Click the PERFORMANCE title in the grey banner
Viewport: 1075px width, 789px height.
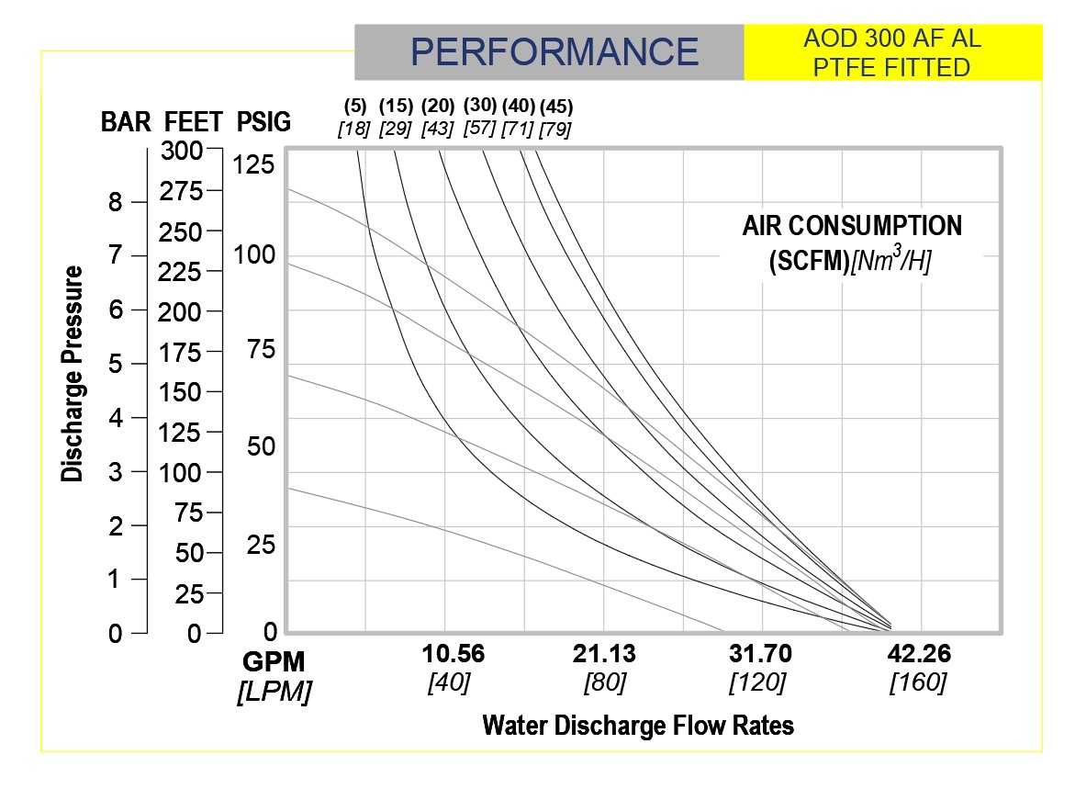click(x=554, y=51)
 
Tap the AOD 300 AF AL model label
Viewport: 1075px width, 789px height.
click(x=892, y=39)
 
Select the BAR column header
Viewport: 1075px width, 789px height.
click(x=126, y=122)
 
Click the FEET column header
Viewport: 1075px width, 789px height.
click(x=193, y=122)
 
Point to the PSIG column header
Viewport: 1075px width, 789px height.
click(x=263, y=122)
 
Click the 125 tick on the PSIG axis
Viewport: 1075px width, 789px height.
click(x=254, y=164)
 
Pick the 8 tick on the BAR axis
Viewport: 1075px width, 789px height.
click(x=116, y=202)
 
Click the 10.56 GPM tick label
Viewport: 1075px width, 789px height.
click(x=454, y=654)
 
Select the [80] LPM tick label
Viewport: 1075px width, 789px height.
click(x=605, y=682)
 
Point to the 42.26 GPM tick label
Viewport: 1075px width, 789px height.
click(x=919, y=654)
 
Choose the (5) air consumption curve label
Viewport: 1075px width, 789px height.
click(x=355, y=105)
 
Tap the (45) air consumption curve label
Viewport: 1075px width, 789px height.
click(x=555, y=105)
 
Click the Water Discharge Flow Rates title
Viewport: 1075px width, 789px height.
click(x=638, y=726)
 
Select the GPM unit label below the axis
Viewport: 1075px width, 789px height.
click(x=273, y=661)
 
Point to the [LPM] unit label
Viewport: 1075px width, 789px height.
click(x=273, y=691)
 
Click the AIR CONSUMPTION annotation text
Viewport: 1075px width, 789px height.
click(x=852, y=226)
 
